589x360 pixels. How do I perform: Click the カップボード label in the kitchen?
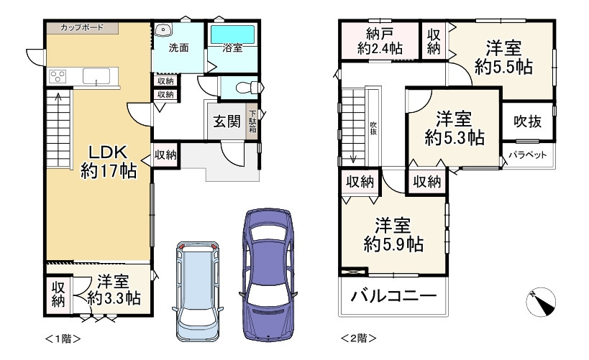(x=81, y=27)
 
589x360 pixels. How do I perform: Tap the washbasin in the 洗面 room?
(x=163, y=30)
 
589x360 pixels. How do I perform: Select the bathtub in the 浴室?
(x=232, y=34)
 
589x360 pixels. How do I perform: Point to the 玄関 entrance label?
(x=227, y=121)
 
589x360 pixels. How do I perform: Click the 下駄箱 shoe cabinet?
(x=252, y=121)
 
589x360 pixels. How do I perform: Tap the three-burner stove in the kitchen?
(x=58, y=76)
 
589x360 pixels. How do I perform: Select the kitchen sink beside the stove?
(x=96, y=76)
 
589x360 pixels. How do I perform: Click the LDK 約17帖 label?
(x=109, y=162)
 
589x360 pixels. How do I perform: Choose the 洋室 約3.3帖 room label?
(x=114, y=290)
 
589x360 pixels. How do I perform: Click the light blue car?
(x=198, y=291)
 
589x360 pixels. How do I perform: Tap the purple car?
(x=268, y=274)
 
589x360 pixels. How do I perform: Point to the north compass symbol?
(x=541, y=303)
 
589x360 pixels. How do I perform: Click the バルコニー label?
(x=393, y=296)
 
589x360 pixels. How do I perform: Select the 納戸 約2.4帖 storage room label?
(x=380, y=41)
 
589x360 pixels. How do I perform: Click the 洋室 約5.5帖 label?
(x=503, y=57)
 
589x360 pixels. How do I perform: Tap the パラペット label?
(x=528, y=154)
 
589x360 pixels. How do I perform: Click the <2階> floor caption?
(x=358, y=338)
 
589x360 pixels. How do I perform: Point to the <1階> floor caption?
(x=63, y=338)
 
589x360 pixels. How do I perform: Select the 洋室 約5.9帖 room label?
(x=393, y=235)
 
